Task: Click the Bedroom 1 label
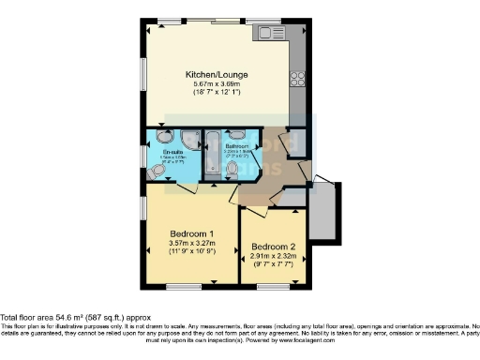click(x=191, y=233)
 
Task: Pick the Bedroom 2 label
click(x=272, y=248)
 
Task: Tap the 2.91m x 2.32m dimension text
click(x=272, y=258)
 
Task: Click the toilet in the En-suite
click(x=156, y=170)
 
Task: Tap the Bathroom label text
click(x=235, y=145)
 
